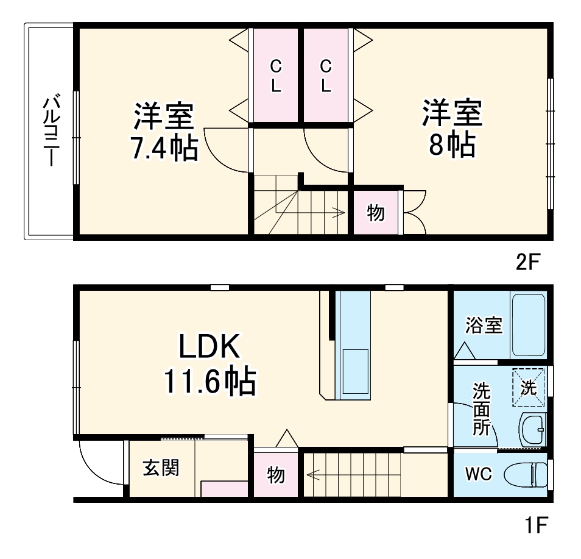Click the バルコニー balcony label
(51, 131)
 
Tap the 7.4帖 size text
(164, 148)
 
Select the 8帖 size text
(452, 145)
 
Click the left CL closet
(276, 76)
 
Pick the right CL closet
(326, 76)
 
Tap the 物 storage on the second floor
(376, 213)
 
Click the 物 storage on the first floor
(276, 474)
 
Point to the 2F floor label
(528, 262)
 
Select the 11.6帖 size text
(208, 382)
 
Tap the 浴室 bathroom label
(484, 326)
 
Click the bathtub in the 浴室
(529, 326)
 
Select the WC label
(479, 474)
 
